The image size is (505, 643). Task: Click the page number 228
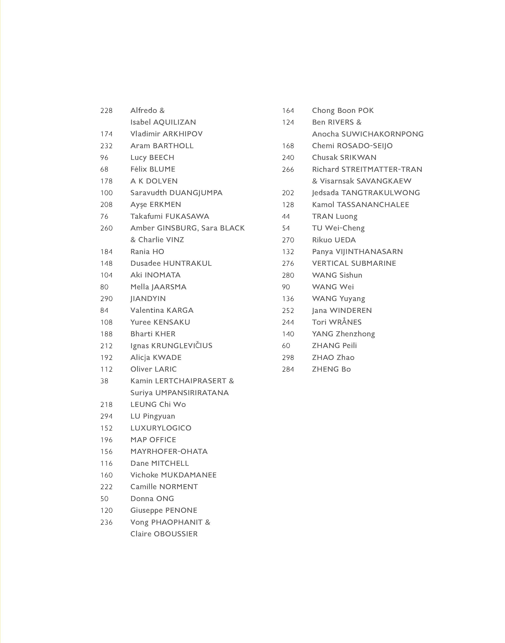[106, 110]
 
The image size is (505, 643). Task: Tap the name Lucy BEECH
[152, 157]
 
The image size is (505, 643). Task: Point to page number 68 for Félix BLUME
[104, 169]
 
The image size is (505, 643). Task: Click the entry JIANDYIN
[148, 299]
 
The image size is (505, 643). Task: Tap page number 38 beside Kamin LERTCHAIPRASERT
[104, 381]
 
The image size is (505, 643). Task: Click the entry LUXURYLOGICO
[161, 428]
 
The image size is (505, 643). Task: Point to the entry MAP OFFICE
[153, 440]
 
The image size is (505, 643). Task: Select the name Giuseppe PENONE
[164, 511]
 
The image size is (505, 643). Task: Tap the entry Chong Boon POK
[343, 110]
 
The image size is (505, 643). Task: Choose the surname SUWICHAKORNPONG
[382, 134]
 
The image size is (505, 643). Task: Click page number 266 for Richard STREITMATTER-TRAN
[288, 169]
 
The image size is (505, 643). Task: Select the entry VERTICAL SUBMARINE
[354, 263]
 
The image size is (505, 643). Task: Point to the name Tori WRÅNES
[337, 322]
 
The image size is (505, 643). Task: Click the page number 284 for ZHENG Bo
[288, 369]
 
